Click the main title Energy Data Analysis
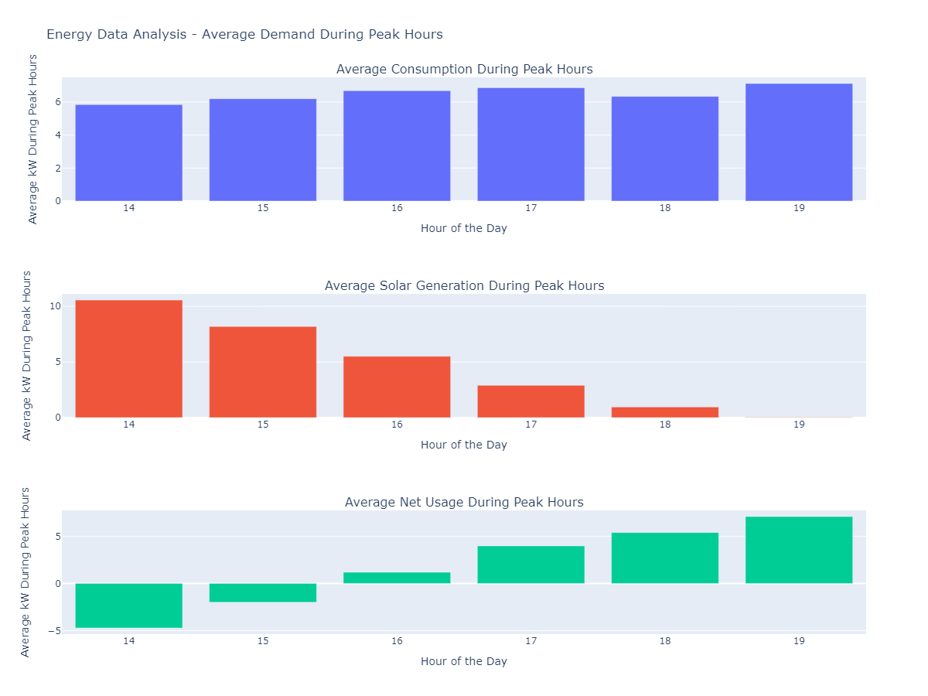(244, 34)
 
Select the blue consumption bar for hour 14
(129, 152)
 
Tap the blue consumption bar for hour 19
(799, 142)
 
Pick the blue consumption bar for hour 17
(531, 145)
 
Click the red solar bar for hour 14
(129, 359)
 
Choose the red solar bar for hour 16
(397, 387)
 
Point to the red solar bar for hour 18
(665, 412)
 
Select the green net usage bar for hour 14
(129, 606)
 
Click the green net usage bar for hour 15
(263, 592)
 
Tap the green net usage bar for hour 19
(799, 550)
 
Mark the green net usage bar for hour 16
(397, 578)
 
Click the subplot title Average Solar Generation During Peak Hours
(464, 285)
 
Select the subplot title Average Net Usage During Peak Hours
(464, 502)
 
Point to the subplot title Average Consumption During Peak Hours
(464, 69)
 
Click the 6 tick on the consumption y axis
(57, 102)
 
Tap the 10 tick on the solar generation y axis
(55, 306)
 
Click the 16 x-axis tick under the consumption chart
(397, 208)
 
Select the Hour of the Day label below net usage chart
(464, 661)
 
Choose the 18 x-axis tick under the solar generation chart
(665, 425)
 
